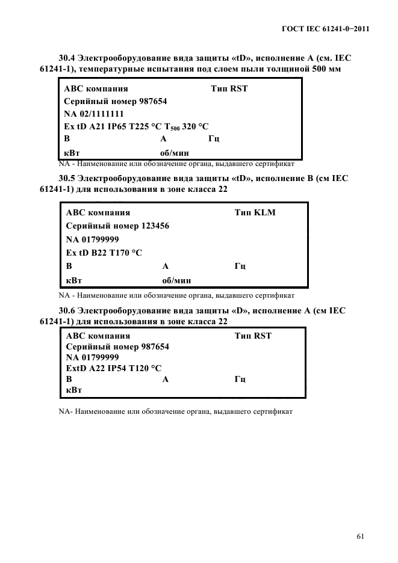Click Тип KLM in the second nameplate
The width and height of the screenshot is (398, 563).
pyautogui.click(x=255, y=213)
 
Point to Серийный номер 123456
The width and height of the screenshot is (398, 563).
pyautogui.click(x=117, y=226)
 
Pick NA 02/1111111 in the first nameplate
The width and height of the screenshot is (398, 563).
pyautogui.click(x=94, y=114)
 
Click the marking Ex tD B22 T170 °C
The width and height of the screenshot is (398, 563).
pyautogui.click(x=104, y=253)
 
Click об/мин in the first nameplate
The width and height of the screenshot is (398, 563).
pyautogui.click(x=166, y=153)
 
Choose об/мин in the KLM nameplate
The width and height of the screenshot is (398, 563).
pyautogui.click(x=177, y=280)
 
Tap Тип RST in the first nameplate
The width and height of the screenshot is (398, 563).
pyautogui.click(x=229, y=89)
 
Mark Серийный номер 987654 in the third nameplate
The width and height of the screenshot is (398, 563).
pyautogui.click(x=117, y=347)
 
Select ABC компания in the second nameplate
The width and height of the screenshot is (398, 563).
pyautogui.click(x=98, y=213)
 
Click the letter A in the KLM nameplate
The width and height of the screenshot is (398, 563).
pyautogui.click(x=166, y=266)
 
